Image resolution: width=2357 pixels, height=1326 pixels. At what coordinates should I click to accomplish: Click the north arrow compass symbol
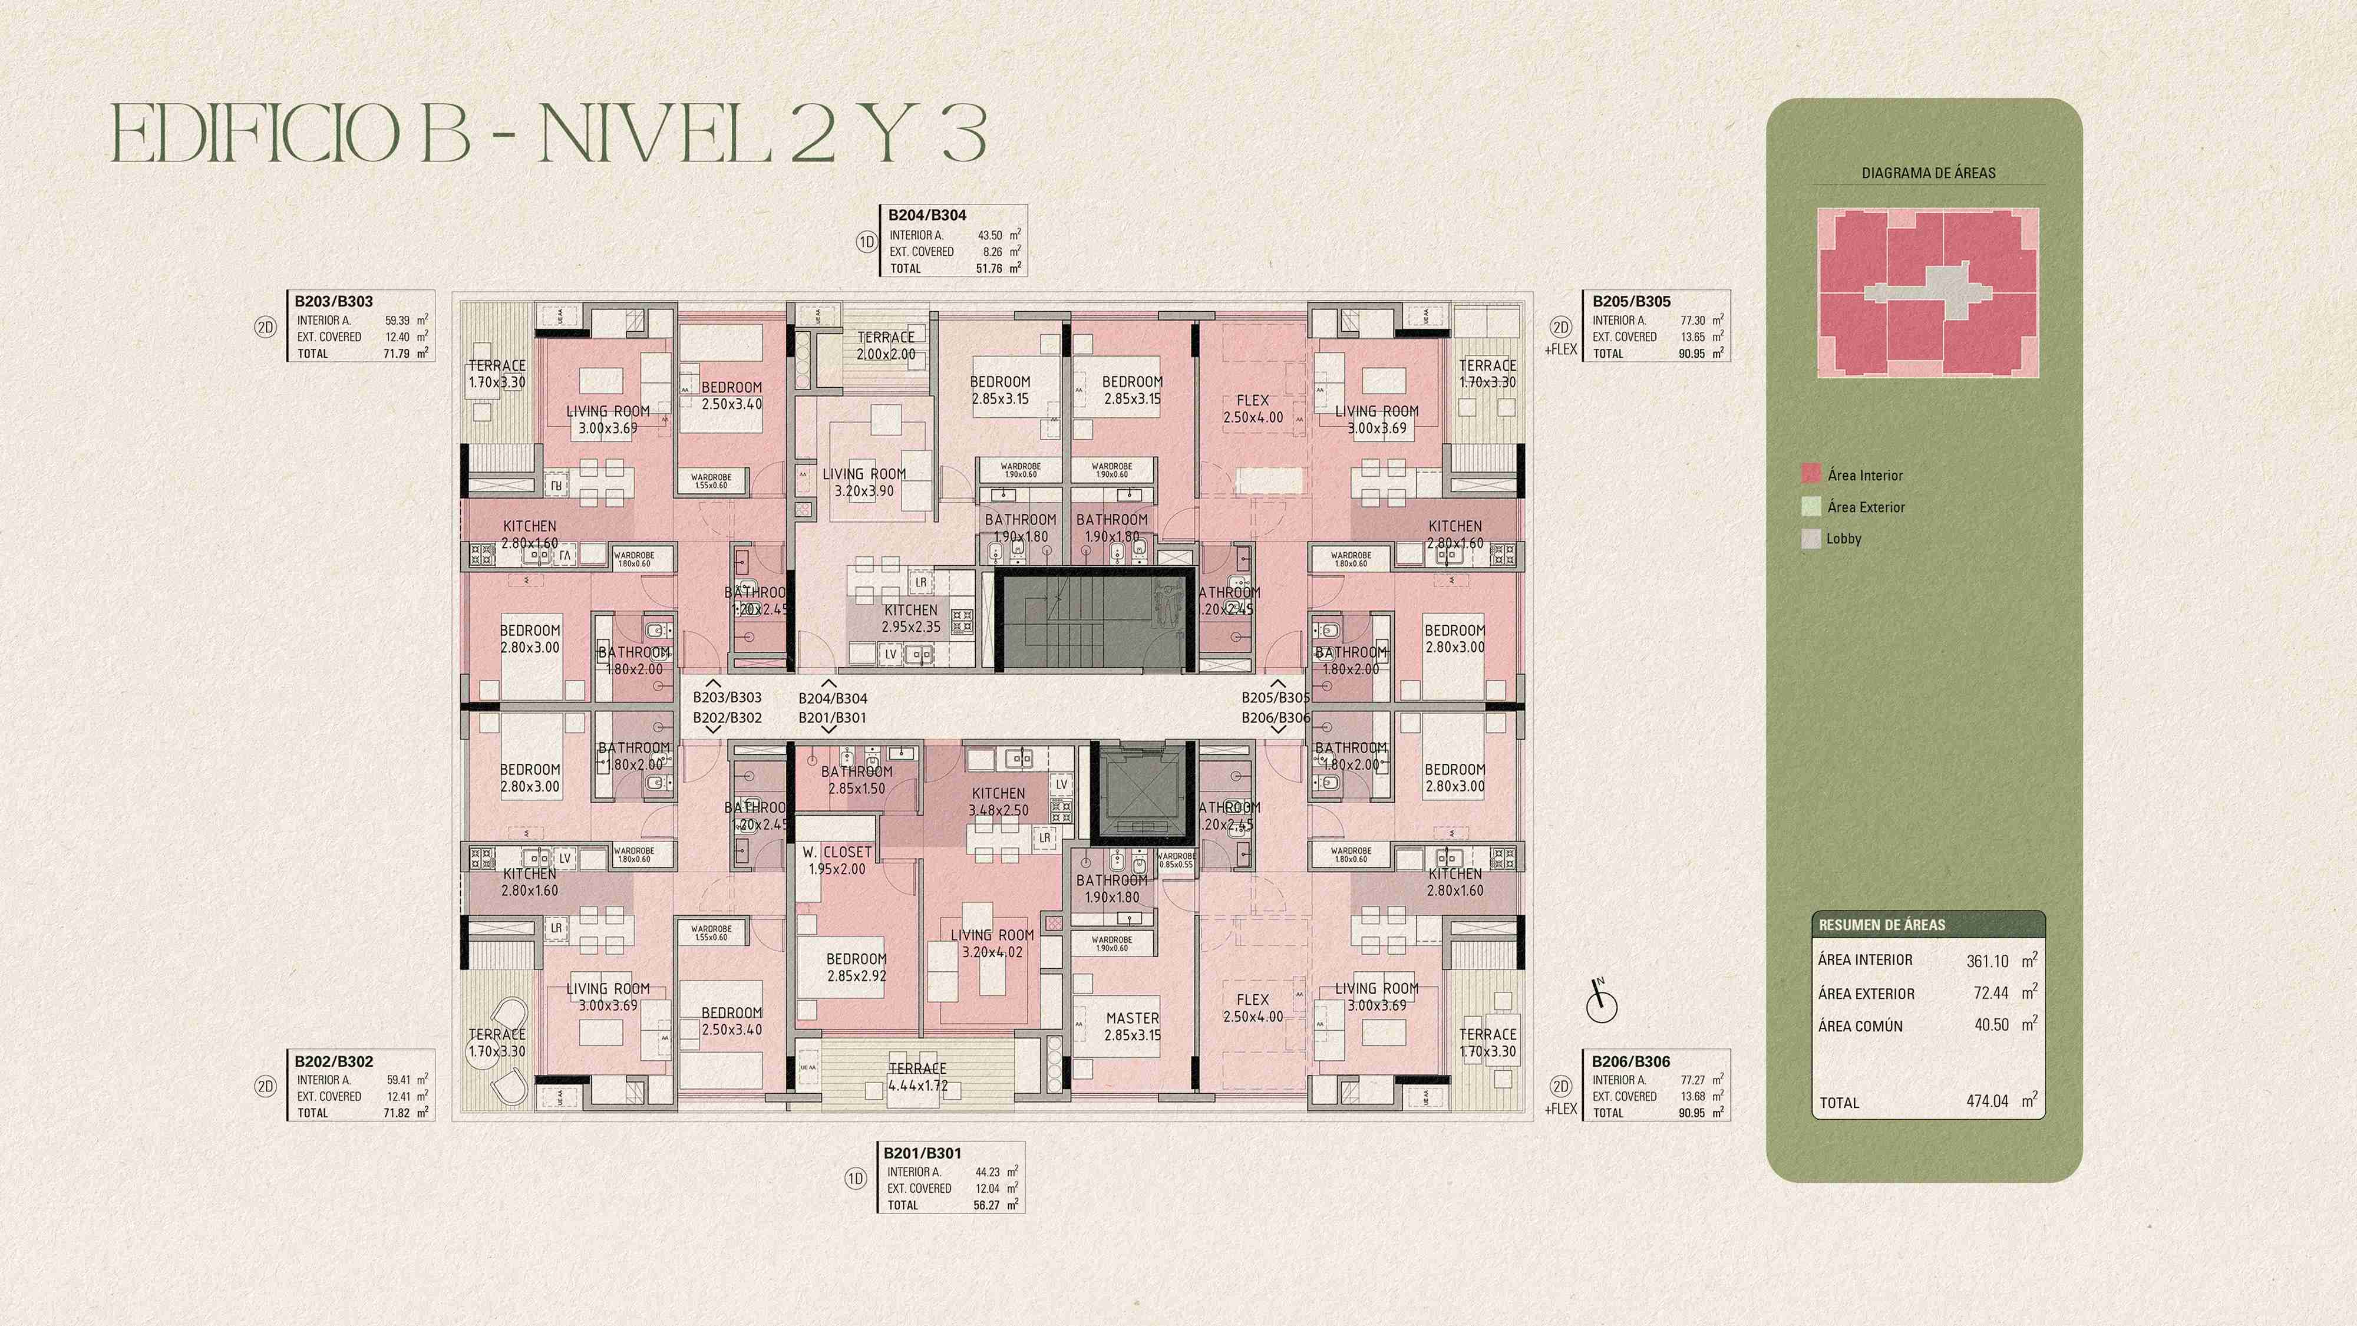coord(1601,1003)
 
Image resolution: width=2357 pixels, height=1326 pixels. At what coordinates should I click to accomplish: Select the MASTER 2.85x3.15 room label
coord(1132,1026)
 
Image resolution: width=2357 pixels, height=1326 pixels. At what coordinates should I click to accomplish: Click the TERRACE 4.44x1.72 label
coord(917,1077)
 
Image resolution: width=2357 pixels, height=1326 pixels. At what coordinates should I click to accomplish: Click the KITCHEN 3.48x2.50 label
coord(998,801)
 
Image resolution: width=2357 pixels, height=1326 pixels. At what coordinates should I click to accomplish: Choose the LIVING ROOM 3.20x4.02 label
coord(992,944)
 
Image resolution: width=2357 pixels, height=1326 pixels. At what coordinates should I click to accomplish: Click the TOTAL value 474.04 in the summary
coord(1988,1101)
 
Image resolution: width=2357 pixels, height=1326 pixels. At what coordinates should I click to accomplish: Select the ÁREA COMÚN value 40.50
coord(1991,1025)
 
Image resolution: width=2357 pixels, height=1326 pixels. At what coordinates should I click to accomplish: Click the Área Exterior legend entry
coord(1866,507)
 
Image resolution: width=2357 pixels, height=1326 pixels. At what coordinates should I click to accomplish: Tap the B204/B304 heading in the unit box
coord(927,215)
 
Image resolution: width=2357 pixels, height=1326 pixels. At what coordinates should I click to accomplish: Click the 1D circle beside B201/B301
coord(854,1179)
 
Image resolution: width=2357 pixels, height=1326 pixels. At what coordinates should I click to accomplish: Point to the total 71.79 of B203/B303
coord(396,353)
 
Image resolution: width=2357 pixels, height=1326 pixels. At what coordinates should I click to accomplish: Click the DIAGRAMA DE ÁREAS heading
coord(1928,173)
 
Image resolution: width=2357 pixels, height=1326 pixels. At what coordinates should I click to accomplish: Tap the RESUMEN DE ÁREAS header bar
coord(1928,924)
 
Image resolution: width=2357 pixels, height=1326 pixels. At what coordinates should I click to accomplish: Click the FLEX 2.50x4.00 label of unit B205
coord(1253,409)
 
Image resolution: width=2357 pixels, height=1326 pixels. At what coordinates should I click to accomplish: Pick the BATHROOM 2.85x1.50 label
coord(856,780)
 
